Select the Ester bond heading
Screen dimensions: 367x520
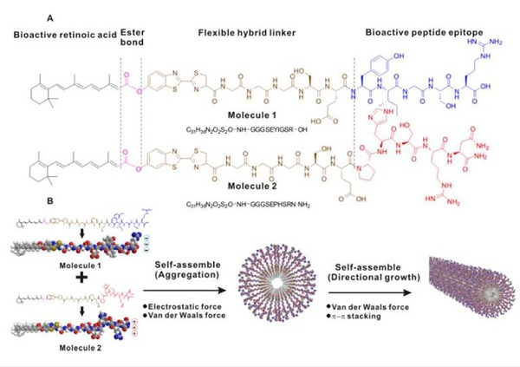135,33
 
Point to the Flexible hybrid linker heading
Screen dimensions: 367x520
247,33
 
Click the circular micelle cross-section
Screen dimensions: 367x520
278,277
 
